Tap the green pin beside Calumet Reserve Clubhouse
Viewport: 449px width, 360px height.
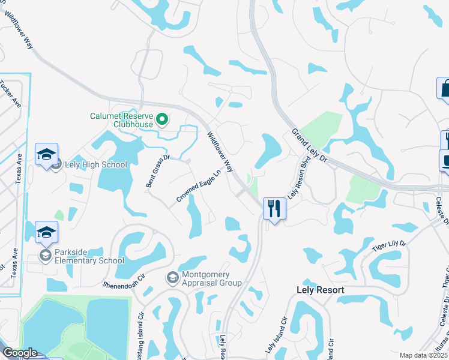click(x=161, y=120)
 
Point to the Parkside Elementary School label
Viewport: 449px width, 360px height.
click(x=89, y=257)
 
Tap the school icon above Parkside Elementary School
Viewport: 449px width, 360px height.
click(x=47, y=233)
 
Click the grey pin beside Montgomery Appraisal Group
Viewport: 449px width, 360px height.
click(x=172, y=278)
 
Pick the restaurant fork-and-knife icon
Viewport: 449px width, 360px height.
click(x=274, y=209)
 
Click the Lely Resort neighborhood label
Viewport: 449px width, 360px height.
click(x=321, y=290)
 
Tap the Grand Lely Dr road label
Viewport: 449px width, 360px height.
click(x=309, y=148)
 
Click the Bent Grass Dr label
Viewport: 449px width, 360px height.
click(x=158, y=172)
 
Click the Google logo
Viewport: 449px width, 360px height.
click(x=20, y=353)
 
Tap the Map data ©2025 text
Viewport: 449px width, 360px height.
click(x=423, y=355)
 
